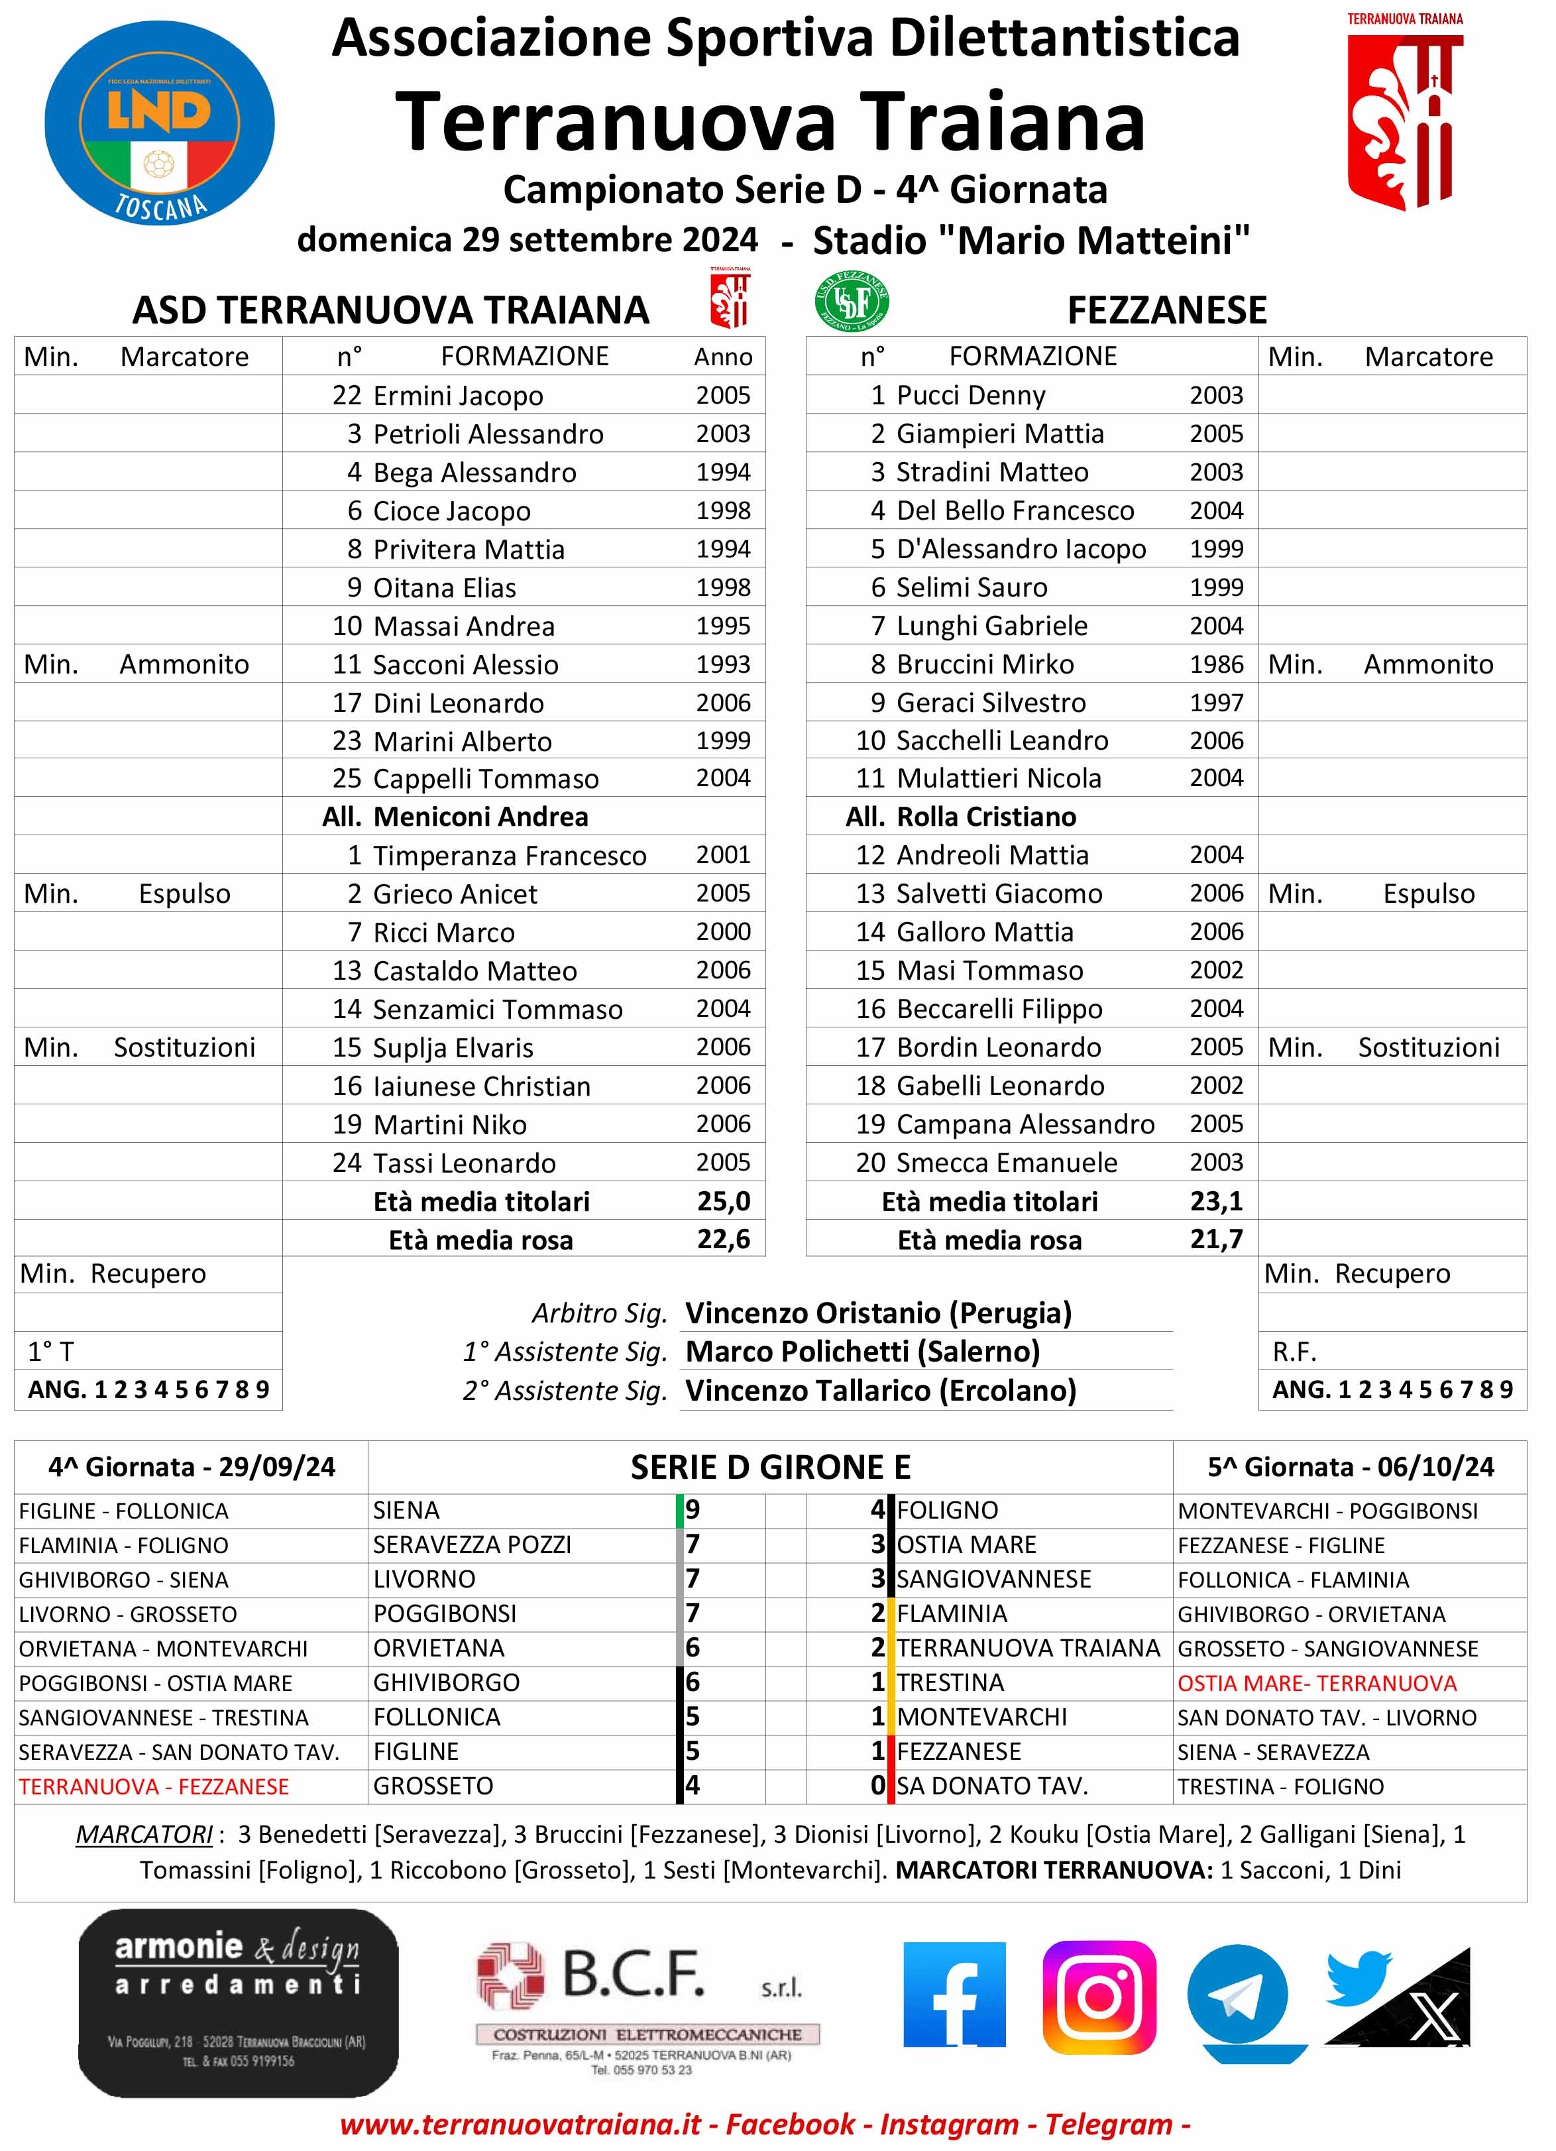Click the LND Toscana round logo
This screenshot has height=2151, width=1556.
tap(159, 123)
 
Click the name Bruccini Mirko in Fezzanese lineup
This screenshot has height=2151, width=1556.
tap(985, 664)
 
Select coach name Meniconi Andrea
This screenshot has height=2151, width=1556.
tap(480, 817)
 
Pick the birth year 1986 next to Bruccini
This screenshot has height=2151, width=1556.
tap(1217, 664)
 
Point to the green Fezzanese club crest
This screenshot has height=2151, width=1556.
tap(852, 302)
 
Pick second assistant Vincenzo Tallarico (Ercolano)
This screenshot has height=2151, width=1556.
tap(881, 1391)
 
